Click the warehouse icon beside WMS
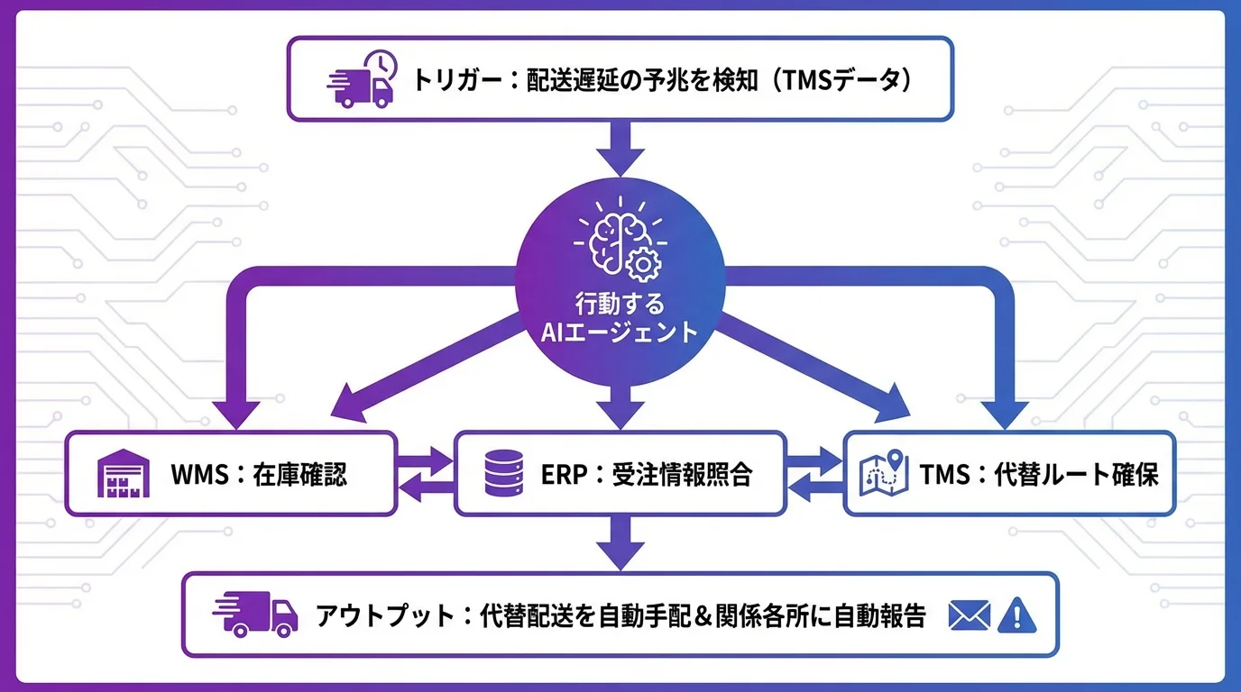coord(119,475)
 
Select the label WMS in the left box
coord(199,475)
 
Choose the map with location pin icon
coord(883,474)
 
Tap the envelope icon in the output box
coord(970,615)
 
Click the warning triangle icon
coord(1017,615)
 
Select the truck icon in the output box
coord(255,615)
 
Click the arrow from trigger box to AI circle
coord(620,148)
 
